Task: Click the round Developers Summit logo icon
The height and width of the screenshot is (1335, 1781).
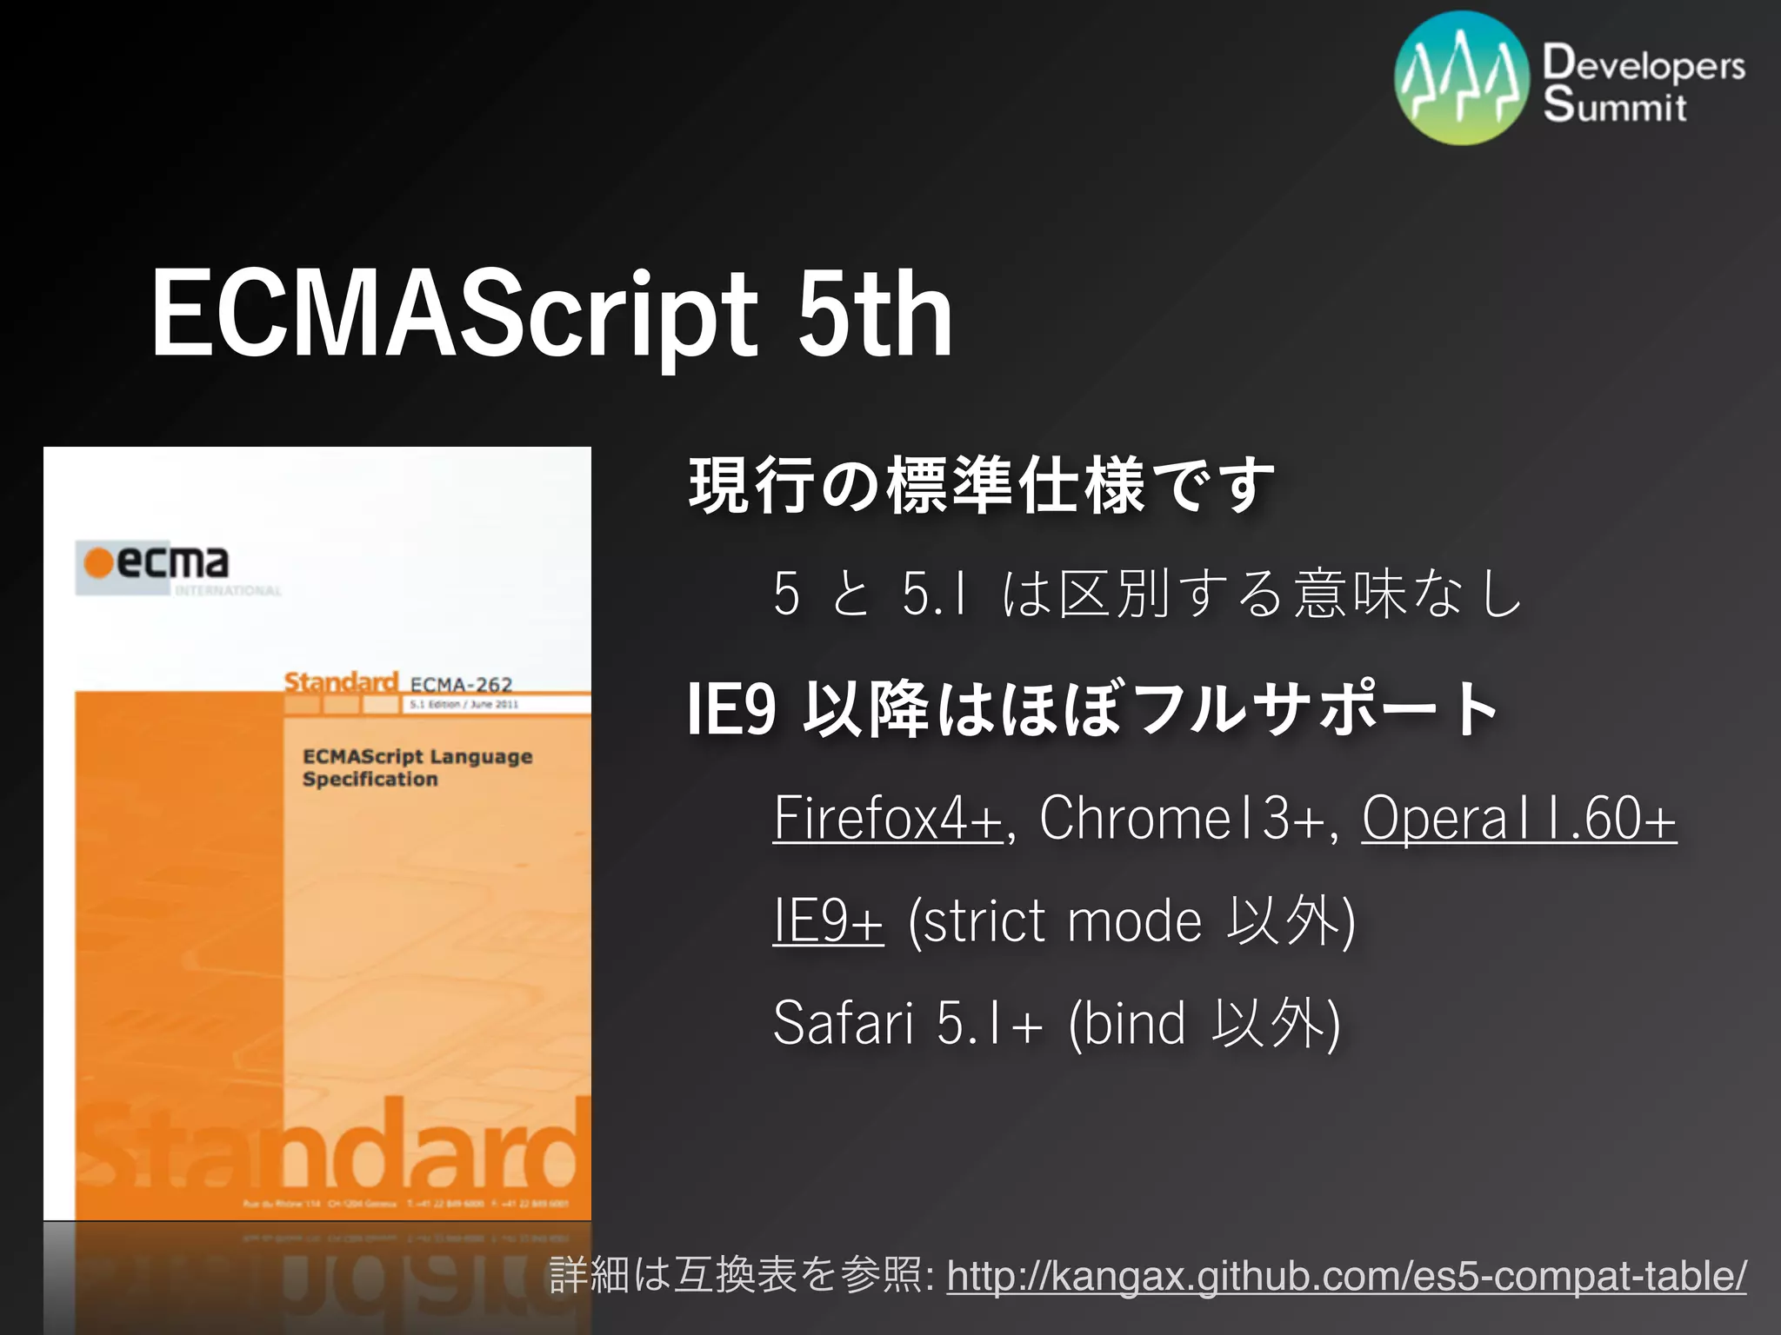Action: click(1462, 77)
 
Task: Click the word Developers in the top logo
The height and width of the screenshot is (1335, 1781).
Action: click(1644, 64)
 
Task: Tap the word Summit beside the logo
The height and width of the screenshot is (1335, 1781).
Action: click(1615, 105)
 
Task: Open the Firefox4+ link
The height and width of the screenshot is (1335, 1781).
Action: click(888, 818)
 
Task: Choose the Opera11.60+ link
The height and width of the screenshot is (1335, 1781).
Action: click(1518, 818)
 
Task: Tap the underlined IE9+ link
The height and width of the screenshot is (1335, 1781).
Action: click(828, 920)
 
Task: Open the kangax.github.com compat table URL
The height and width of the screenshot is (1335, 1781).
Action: click(1346, 1276)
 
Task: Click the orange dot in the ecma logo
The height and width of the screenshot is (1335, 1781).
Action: click(98, 562)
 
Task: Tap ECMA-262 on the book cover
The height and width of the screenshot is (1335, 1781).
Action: click(461, 685)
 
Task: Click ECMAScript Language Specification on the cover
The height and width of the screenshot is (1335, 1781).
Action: click(417, 767)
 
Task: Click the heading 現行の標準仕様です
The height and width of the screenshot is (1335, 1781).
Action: click(981, 485)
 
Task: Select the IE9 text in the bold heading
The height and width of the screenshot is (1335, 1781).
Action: click(730, 709)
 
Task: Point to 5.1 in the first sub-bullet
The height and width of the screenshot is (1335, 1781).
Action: click(934, 594)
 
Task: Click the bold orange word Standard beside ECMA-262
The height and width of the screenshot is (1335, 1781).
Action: click(341, 682)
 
